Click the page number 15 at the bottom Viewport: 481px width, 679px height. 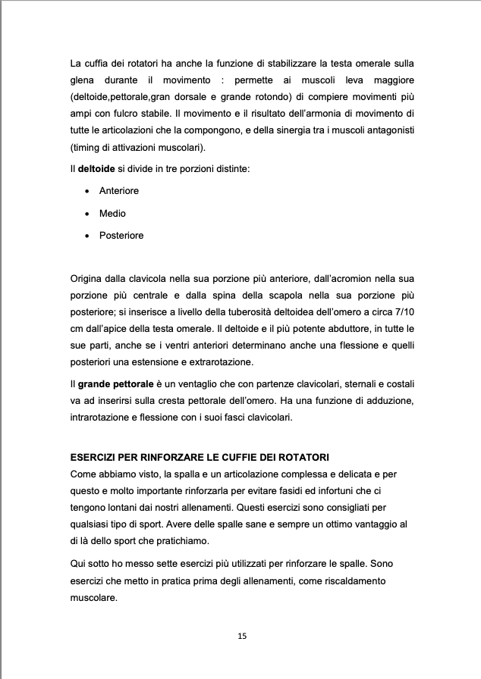point(241,636)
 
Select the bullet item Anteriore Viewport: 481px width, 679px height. point(119,191)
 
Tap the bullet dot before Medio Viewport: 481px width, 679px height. point(90,214)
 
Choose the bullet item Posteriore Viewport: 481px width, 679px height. point(121,236)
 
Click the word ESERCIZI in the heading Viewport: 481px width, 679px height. point(94,458)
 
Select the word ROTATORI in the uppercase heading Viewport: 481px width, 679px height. point(300,458)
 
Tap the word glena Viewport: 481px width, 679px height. point(83,78)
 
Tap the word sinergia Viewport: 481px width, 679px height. point(300,130)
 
